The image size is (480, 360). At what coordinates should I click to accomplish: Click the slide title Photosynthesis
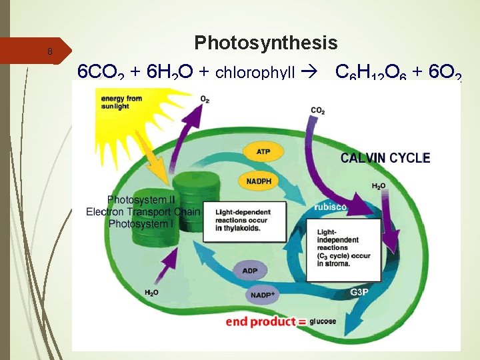click(266, 43)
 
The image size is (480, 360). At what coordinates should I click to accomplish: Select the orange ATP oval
click(263, 152)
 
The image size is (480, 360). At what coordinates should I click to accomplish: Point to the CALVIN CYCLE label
click(385, 158)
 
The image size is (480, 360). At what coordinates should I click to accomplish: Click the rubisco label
click(330, 207)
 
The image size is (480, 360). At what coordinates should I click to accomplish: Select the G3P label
click(361, 291)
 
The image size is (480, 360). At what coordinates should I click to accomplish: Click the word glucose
click(323, 322)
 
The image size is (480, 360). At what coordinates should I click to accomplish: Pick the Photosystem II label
click(141, 199)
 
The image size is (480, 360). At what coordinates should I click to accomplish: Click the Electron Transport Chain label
click(143, 212)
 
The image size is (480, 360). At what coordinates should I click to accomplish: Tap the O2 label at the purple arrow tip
click(205, 99)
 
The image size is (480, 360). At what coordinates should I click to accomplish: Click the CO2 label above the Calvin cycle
click(317, 111)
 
